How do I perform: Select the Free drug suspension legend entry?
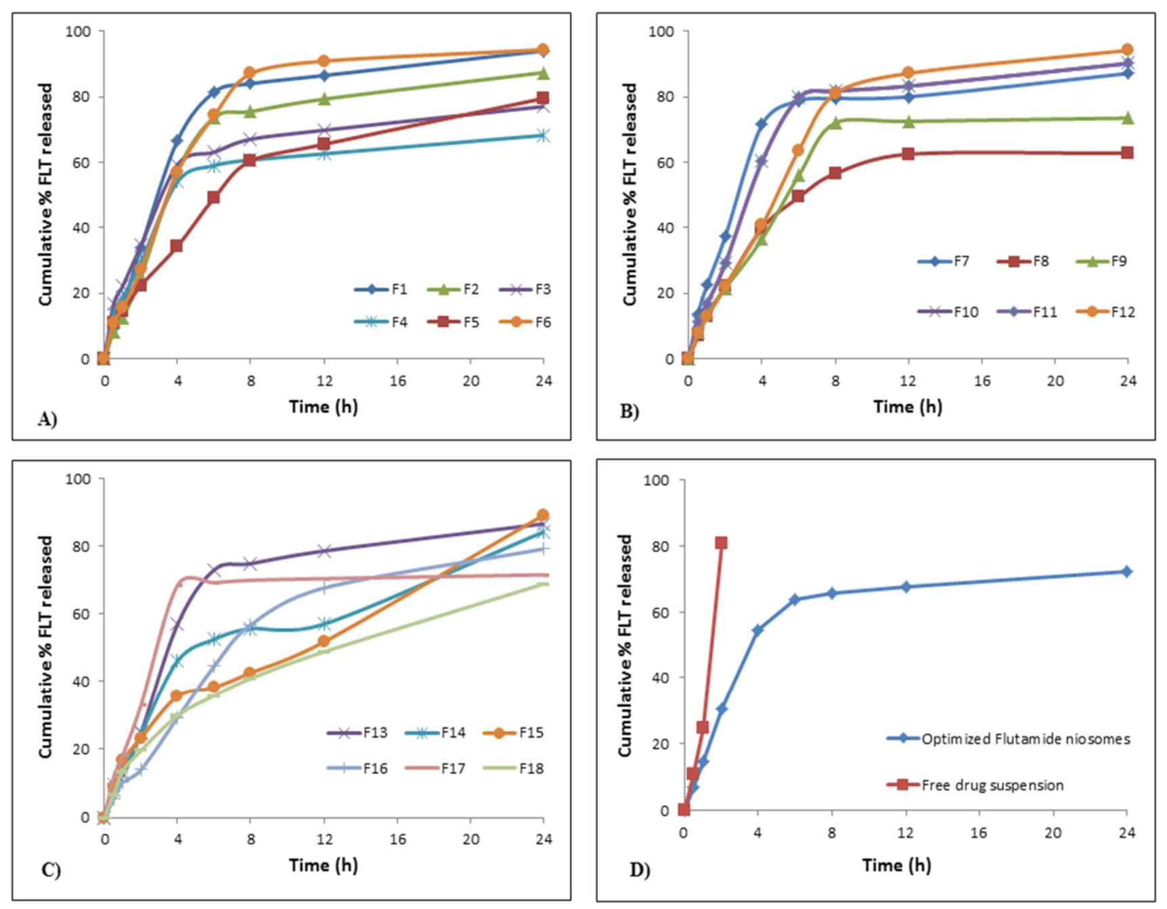coord(975,785)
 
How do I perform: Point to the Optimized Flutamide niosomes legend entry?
coord(1009,738)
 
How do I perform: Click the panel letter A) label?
coord(47,420)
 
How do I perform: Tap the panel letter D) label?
coord(640,870)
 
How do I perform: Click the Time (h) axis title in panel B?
coord(908,407)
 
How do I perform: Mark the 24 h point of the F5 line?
coord(542,98)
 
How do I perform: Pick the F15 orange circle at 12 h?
coord(324,641)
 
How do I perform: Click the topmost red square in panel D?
coord(721,543)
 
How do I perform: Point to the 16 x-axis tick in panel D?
coord(979,833)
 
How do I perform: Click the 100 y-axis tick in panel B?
coord(661,31)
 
